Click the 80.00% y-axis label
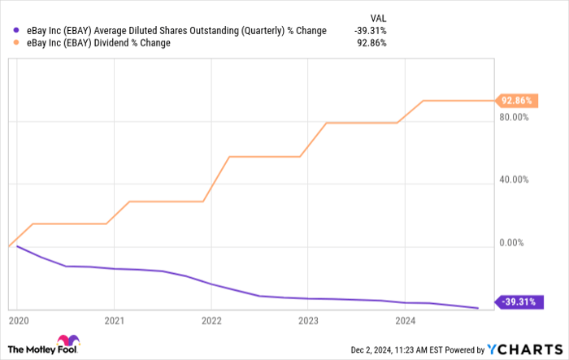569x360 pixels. [x=514, y=117]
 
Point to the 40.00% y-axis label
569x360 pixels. [x=514, y=180]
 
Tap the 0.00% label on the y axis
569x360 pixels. [x=516, y=242]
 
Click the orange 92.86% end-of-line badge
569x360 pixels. [x=516, y=101]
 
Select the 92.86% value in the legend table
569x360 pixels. [x=370, y=43]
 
